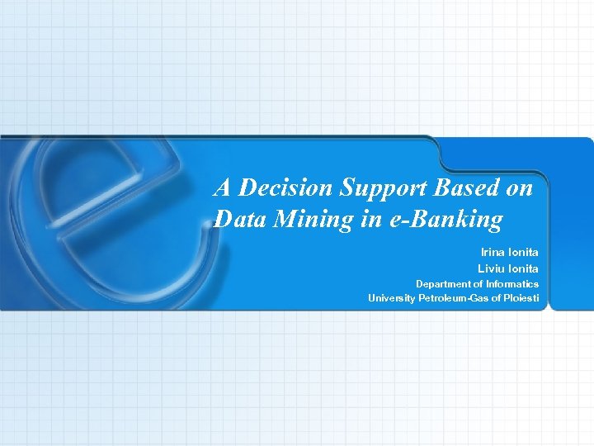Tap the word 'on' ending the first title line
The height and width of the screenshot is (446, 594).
click(x=520, y=188)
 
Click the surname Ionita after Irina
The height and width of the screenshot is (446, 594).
click(x=523, y=252)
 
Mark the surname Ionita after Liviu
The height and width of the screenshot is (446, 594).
click(x=523, y=268)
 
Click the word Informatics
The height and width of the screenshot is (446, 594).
click(x=512, y=283)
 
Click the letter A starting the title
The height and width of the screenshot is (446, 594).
click(x=221, y=188)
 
